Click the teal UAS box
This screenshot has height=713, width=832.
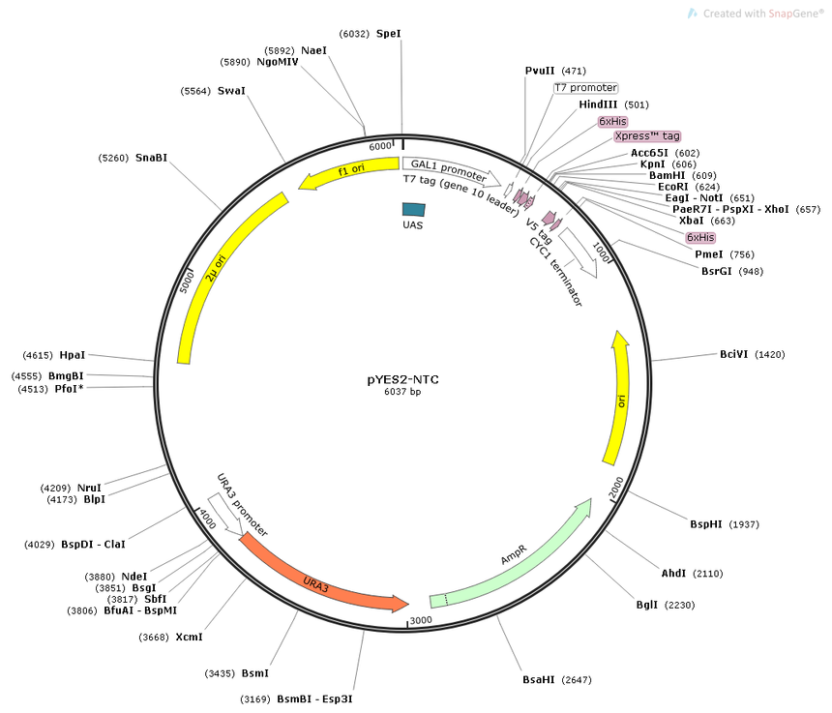point(413,210)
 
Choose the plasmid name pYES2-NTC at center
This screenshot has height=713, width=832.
point(402,379)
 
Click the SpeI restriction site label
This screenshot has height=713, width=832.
point(388,34)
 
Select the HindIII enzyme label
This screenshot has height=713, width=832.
point(598,104)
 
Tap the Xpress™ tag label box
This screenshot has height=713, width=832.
point(647,136)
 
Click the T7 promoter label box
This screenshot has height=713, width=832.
point(586,87)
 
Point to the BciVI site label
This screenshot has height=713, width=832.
point(734,354)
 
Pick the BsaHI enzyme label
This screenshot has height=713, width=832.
point(539,679)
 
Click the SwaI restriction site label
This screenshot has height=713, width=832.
point(231,91)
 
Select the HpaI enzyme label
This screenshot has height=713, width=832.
point(73,355)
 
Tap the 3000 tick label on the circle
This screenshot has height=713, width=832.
point(421,620)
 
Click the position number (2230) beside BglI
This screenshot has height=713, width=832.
point(679,605)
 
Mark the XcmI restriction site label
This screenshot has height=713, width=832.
point(189,637)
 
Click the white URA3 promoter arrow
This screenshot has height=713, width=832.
point(225,514)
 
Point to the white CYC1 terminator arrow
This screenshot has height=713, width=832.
point(579,252)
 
